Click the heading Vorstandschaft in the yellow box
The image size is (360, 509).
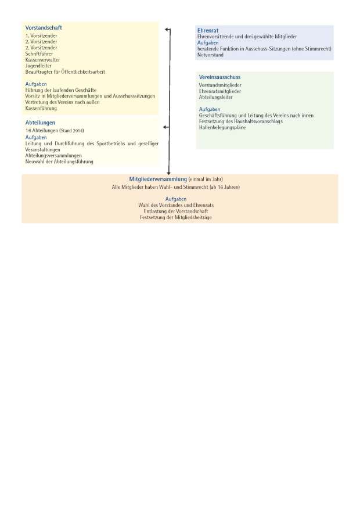pos(44,28)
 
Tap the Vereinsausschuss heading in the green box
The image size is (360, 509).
pos(219,77)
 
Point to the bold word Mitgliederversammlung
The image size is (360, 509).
pos(157,179)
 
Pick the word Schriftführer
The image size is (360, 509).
pos(39,53)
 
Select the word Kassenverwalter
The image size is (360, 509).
pos(42,60)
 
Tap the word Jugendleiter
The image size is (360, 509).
pos(38,66)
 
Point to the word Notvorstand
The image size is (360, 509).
pos(210,55)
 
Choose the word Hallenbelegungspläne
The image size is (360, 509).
pos(222,127)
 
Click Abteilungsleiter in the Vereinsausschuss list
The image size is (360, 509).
pos(216,97)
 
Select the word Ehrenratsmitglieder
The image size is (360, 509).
pos(220,91)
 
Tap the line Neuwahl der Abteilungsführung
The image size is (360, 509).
pos(59,162)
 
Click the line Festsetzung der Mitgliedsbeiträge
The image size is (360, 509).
pos(180,217)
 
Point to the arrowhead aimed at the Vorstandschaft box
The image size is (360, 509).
pos(167,29)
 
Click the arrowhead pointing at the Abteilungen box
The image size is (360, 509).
pos(167,127)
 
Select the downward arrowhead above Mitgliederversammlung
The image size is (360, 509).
pos(169,172)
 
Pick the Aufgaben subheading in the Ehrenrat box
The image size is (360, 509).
pos(208,42)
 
